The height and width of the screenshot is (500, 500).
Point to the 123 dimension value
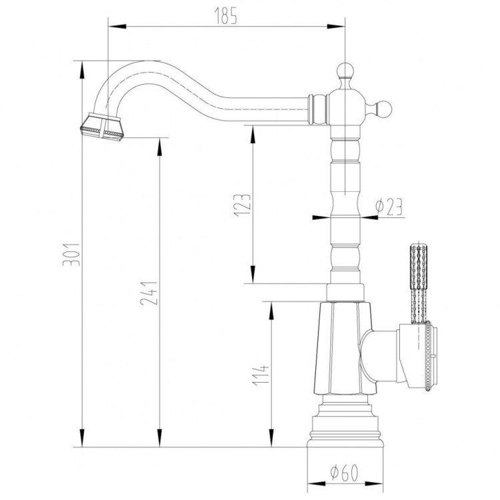coord(245,203)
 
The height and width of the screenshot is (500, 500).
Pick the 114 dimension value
coord(265,377)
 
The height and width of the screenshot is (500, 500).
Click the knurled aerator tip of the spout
coord(101,125)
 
